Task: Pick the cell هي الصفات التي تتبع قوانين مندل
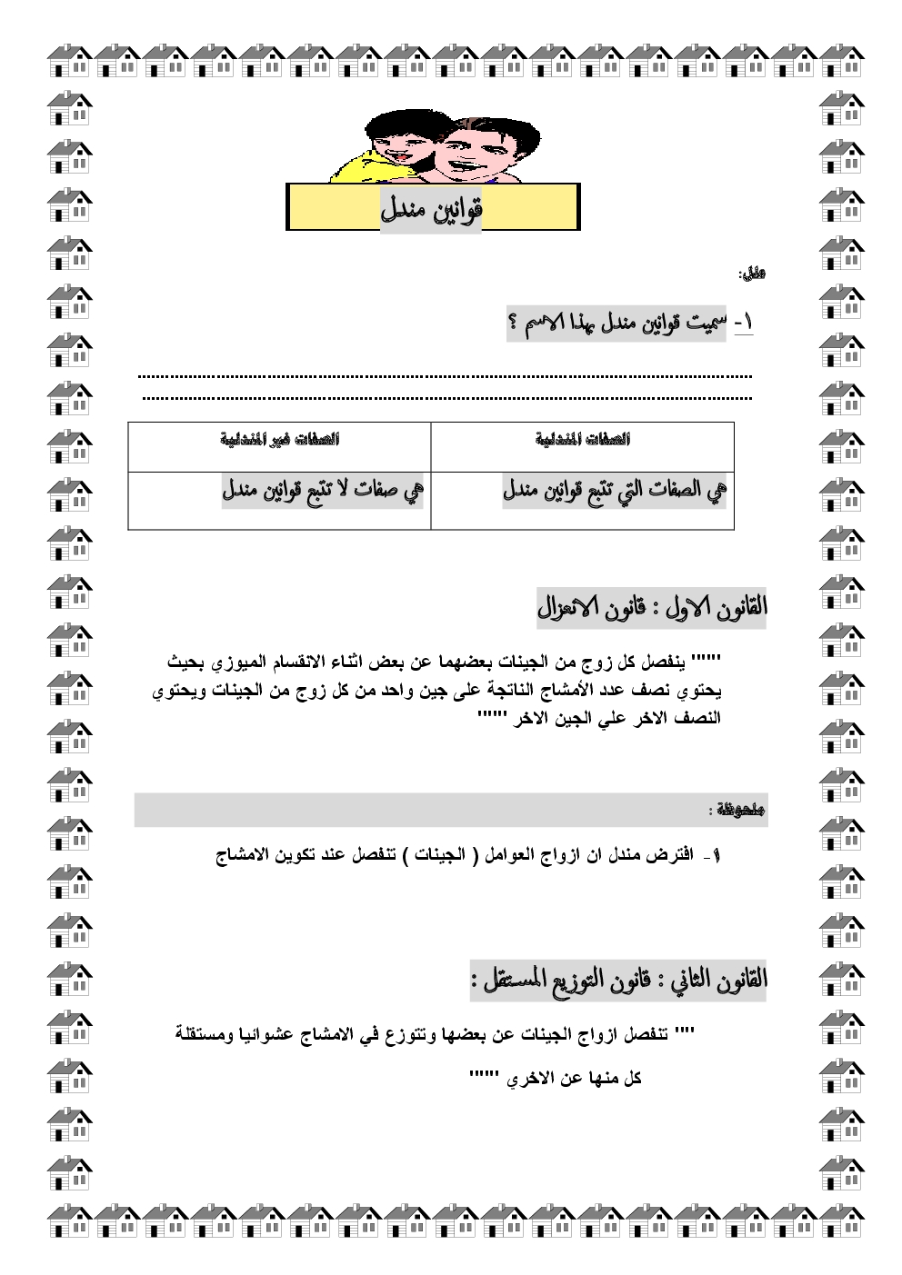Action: (x=614, y=492)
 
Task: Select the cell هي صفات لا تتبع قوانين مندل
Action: (x=324, y=492)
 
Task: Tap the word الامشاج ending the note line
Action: (x=247, y=855)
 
